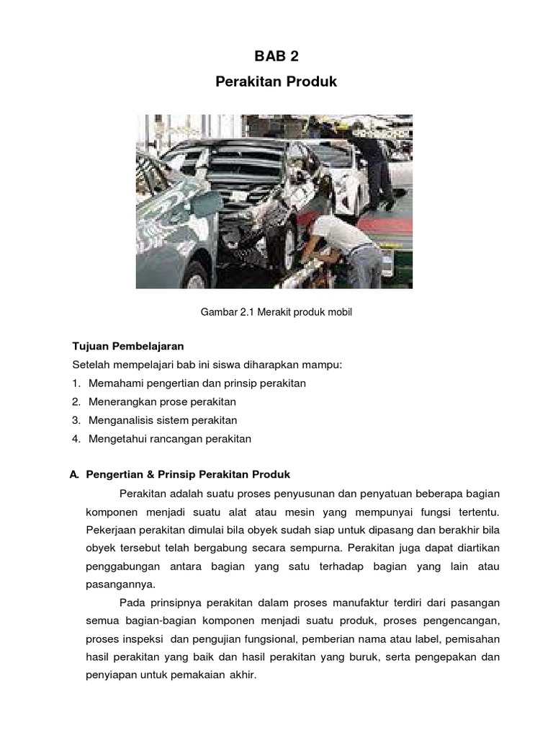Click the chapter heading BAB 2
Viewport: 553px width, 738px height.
[x=276, y=58]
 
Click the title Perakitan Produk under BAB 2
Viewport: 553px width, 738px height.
[x=276, y=83]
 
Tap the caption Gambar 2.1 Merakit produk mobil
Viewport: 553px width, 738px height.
[x=276, y=311]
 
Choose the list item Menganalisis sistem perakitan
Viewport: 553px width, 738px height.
[x=163, y=420]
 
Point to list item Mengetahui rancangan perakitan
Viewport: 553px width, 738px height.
[x=170, y=438]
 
